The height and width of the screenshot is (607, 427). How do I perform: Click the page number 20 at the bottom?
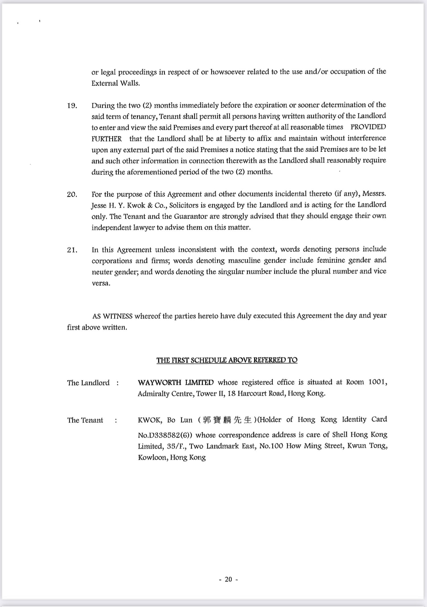228,579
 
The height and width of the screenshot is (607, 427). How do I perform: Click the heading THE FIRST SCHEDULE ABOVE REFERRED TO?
227,360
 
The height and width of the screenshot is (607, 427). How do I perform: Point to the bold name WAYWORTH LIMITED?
175,382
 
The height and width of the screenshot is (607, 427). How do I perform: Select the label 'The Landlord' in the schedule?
88,383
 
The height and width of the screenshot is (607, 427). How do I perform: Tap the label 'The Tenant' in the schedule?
85,420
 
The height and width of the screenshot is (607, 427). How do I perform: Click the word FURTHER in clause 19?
107,139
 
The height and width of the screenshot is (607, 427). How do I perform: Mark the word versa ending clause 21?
101,283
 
